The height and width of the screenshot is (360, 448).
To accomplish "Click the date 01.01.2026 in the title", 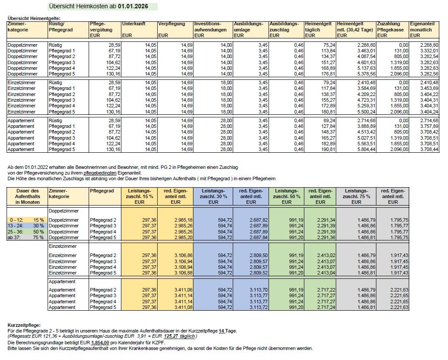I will tap(133, 7).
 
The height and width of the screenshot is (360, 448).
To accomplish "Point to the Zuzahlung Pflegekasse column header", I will tap(389, 27).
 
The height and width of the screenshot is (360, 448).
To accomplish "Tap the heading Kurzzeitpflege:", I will tap(24, 326).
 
